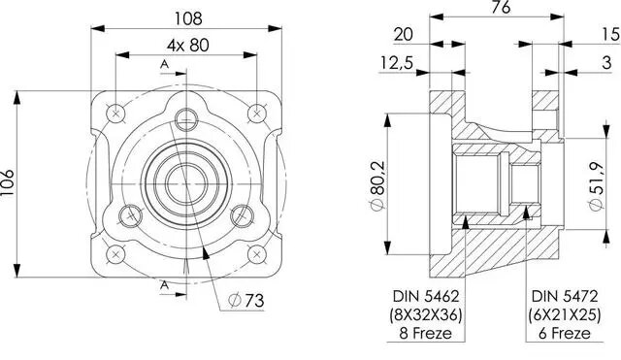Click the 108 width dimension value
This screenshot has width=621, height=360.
click(x=188, y=18)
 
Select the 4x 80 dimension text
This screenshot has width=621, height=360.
click(x=187, y=46)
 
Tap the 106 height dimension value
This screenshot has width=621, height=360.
click(x=8, y=182)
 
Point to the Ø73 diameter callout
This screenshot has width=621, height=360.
click(x=246, y=301)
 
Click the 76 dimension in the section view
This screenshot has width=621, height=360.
click(x=501, y=7)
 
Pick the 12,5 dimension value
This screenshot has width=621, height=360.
click(x=397, y=62)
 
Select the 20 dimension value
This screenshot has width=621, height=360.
click(x=404, y=35)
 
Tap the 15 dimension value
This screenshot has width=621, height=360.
click(x=611, y=35)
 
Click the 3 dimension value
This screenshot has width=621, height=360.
click(x=606, y=62)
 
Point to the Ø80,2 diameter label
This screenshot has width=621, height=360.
click(x=377, y=185)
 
